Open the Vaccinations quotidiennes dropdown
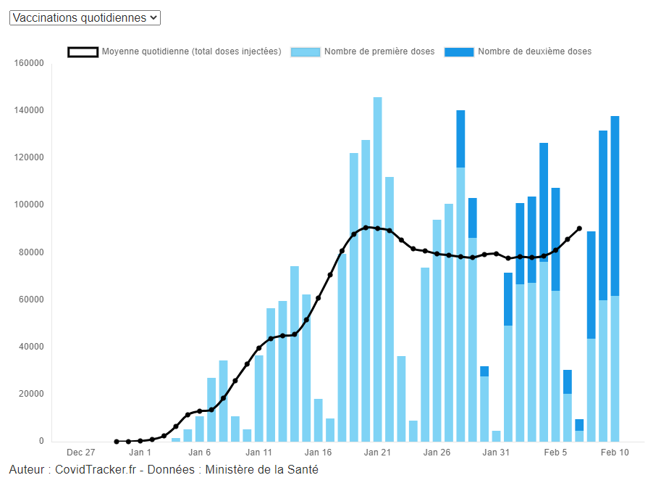[85, 17]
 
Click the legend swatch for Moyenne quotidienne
[83, 51]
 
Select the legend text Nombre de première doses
[379, 51]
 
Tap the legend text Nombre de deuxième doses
[534, 51]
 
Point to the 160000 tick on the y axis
[29, 63]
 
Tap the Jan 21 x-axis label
[377, 453]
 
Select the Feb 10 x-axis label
[615, 453]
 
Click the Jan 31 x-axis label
[496, 453]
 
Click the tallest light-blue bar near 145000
[377, 268]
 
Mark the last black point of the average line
[579, 228]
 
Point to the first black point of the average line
[117, 441]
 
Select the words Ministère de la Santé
[261, 469]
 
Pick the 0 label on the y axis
[41, 441]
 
